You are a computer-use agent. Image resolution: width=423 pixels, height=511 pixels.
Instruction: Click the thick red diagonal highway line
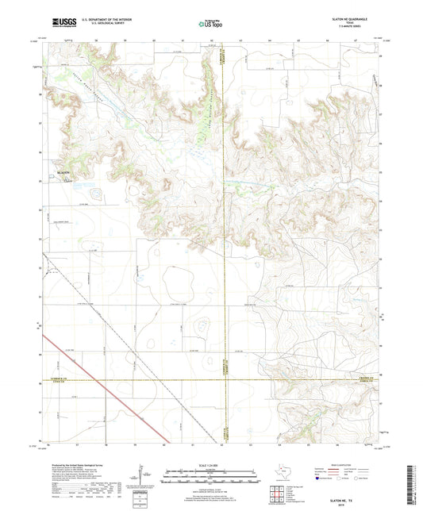pos(103,385)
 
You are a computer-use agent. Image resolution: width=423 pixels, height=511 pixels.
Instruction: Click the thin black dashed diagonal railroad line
pos(127,333)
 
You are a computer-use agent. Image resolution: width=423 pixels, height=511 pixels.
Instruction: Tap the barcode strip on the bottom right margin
pos(416,476)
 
